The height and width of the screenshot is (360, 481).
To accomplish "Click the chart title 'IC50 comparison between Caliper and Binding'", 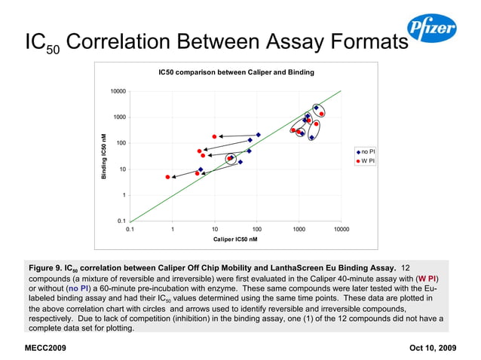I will tap(236, 72).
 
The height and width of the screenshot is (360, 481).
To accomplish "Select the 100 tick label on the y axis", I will tap(119, 143).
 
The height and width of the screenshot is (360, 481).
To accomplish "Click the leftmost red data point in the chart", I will tap(167, 177).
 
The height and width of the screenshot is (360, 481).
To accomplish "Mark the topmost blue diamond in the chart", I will tap(316, 108).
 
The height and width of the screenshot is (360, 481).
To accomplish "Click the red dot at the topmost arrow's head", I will tap(215, 136).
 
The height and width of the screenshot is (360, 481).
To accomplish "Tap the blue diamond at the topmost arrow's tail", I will tap(259, 135).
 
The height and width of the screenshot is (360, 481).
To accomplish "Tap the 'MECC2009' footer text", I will tap(45, 348).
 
